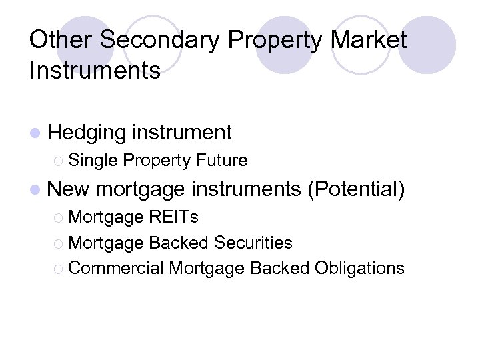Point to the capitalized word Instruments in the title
pos(95,69)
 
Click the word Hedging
pos(87,133)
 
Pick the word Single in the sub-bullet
pos(93,161)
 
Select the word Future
pos(222,161)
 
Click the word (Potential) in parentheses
pos(356,189)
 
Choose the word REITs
pos(174,217)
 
